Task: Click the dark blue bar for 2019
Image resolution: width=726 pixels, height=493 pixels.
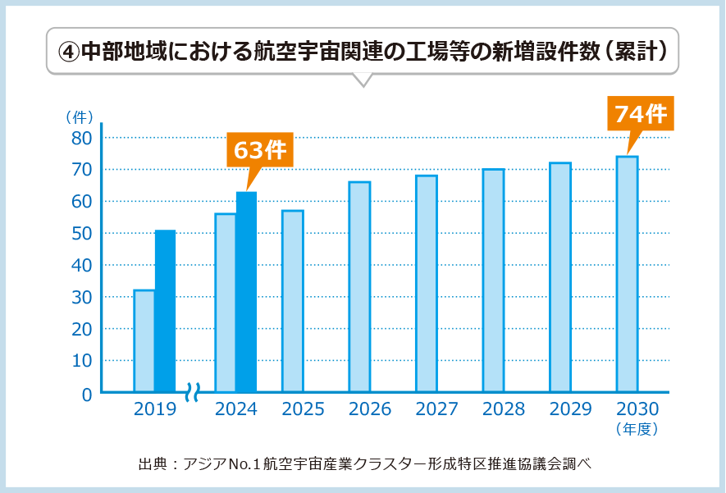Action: point(165,312)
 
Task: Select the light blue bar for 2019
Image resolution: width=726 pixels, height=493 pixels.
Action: point(144,341)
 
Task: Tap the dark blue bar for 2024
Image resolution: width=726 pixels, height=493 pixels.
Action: point(246,292)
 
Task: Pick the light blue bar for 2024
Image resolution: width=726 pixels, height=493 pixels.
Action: point(225,303)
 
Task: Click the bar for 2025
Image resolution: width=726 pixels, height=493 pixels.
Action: point(292,301)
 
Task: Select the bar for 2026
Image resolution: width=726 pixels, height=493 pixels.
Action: point(359,287)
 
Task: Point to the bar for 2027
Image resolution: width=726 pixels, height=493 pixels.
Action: point(427,284)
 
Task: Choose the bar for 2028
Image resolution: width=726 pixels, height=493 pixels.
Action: point(493,281)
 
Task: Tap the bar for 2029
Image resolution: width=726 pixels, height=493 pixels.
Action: point(560,277)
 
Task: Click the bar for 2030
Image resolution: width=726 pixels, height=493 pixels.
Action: point(627,274)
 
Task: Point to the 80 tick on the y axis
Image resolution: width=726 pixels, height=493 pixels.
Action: point(81,138)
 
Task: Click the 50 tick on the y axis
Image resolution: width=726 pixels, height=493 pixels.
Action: point(81,234)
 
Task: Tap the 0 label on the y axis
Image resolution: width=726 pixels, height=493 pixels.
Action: point(86,394)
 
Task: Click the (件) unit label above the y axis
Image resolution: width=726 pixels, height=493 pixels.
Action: point(80,116)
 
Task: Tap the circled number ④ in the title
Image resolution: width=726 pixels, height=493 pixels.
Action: point(68,51)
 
